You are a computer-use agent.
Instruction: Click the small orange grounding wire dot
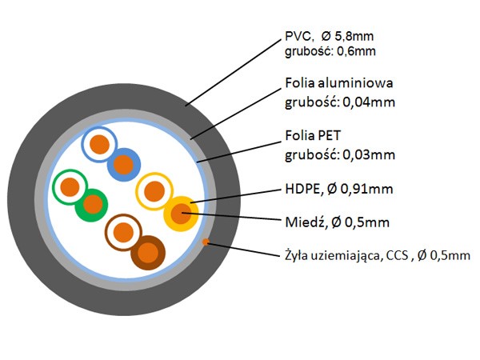[206, 242]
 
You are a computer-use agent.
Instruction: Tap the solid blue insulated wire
[124, 165]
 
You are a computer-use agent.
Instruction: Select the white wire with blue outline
[99, 145]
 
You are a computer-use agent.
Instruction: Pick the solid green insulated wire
[92, 205]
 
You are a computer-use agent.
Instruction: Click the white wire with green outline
[70, 187]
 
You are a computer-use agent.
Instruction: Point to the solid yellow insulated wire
[181, 214]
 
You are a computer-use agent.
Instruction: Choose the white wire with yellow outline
[154, 191]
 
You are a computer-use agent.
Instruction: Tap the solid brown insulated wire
[148, 253]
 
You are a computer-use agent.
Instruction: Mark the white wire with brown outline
[124, 232]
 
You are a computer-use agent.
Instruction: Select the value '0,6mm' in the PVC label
[356, 51]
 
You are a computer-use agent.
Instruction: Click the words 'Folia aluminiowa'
[339, 83]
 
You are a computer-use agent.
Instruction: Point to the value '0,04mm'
[369, 102]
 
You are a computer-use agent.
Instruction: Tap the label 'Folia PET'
[313, 136]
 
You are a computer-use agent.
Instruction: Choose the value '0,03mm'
[369, 155]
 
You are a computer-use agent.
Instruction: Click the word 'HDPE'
[302, 189]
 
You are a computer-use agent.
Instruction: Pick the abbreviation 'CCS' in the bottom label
[398, 255]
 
